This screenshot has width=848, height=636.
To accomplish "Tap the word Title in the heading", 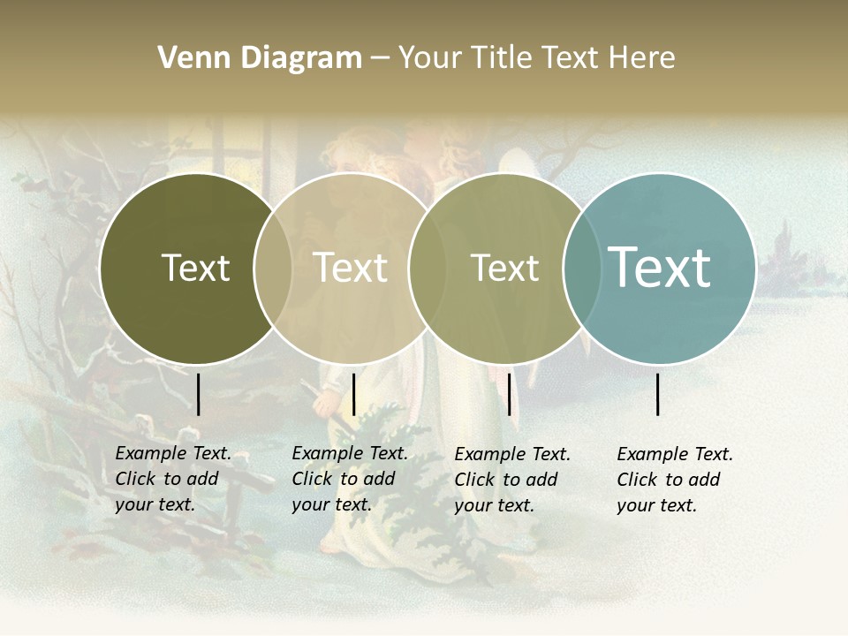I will point(501,58).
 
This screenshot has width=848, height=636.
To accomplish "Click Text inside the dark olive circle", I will point(195,268).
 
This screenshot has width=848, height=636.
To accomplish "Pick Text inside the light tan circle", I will point(350,268).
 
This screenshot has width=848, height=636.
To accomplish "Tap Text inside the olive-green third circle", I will point(504,268).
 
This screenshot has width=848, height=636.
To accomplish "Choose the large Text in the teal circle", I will point(659,268).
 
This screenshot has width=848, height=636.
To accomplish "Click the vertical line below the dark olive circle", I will point(199,394).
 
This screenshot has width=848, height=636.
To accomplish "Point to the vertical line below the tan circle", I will point(353,394).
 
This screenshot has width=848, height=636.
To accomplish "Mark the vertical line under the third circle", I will point(509,394).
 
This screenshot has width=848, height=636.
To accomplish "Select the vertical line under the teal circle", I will point(658,394).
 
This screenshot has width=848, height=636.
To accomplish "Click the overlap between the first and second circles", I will point(273,268).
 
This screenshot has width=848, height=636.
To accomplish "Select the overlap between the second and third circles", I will point(427,268).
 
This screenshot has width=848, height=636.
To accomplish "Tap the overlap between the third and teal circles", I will point(581,268).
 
